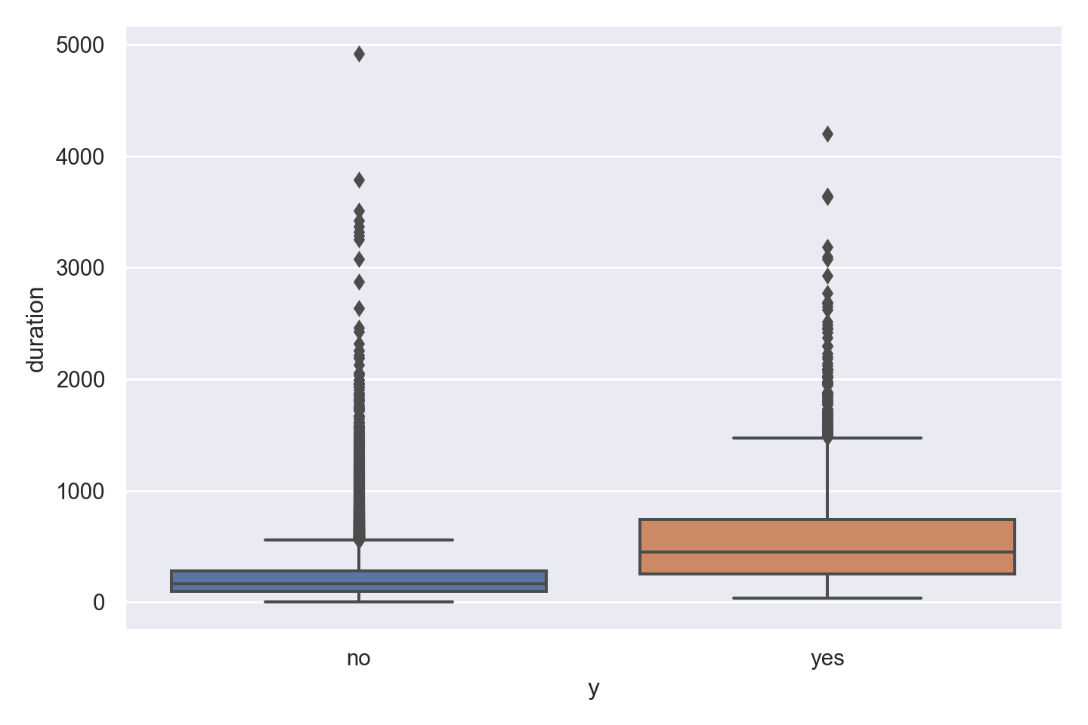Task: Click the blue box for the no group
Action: [359, 581]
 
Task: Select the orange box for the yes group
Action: [827, 547]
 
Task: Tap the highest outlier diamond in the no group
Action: [359, 54]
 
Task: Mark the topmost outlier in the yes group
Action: [827, 134]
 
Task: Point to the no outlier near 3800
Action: [359, 180]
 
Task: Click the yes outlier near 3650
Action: [827, 197]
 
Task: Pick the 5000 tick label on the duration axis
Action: [79, 46]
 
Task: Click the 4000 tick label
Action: [79, 157]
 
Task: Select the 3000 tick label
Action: [79, 268]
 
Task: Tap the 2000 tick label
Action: [79, 379]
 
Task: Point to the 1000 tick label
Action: [79, 491]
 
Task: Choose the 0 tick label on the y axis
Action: [99, 603]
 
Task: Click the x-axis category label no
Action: [359, 659]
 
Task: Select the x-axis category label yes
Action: [827, 659]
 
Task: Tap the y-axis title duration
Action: [36, 329]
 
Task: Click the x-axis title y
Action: [594, 689]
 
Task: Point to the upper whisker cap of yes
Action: [827, 437]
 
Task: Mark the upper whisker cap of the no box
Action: [359, 540]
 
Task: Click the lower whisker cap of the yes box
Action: [827, 598]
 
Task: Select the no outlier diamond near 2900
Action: [359, 282]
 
